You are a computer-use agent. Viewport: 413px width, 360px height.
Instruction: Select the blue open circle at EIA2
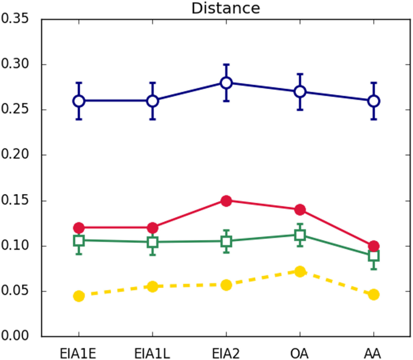coord(226,83)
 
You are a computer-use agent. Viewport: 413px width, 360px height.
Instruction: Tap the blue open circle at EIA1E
coord(79,101)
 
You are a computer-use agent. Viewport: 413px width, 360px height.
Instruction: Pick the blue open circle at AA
coord(374,101)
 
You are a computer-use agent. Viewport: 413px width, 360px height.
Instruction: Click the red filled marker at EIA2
coord(226,201)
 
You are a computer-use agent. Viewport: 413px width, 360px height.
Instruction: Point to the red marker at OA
coord(300,210)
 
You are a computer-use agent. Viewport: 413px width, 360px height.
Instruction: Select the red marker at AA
coord(374,246)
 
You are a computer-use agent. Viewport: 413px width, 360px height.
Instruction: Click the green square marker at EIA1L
coord(152,242)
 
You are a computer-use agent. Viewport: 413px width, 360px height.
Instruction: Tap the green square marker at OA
coord(300,235)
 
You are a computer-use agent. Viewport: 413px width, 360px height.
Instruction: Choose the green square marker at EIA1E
coord(79,241)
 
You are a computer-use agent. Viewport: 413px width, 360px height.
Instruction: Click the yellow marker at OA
coord(300,271)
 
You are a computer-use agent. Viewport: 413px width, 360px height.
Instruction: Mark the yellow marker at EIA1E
coord(79,296)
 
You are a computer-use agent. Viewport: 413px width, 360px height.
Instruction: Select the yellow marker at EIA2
coord(226,285)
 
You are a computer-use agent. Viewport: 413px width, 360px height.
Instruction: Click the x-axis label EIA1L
coord(152,353)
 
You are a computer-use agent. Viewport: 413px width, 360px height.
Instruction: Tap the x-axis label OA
coord(300,353)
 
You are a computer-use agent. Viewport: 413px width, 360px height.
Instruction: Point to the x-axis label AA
coord(374,353)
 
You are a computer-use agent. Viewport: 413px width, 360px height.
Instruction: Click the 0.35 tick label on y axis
coord(17,19)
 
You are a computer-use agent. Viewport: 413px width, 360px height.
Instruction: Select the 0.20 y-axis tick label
coord(17,155)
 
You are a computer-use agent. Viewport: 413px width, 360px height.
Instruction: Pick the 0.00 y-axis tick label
coord(17,336)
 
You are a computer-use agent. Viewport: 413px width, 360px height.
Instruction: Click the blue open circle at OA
coord(300,92)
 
